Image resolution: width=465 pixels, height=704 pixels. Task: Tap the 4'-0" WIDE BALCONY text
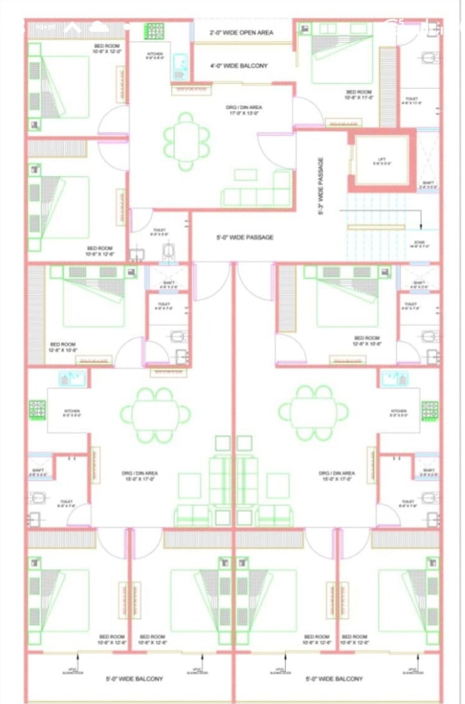238,66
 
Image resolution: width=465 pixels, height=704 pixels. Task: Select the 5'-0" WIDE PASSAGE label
245,237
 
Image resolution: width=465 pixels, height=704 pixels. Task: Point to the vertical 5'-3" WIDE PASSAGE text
321,186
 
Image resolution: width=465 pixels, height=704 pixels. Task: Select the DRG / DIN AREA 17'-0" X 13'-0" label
244,110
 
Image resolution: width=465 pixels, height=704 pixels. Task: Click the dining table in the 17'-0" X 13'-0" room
186,142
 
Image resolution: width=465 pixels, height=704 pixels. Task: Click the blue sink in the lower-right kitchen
394,379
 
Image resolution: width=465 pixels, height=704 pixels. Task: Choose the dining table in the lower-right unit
313,412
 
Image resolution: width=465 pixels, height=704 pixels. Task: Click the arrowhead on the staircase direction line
421,228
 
